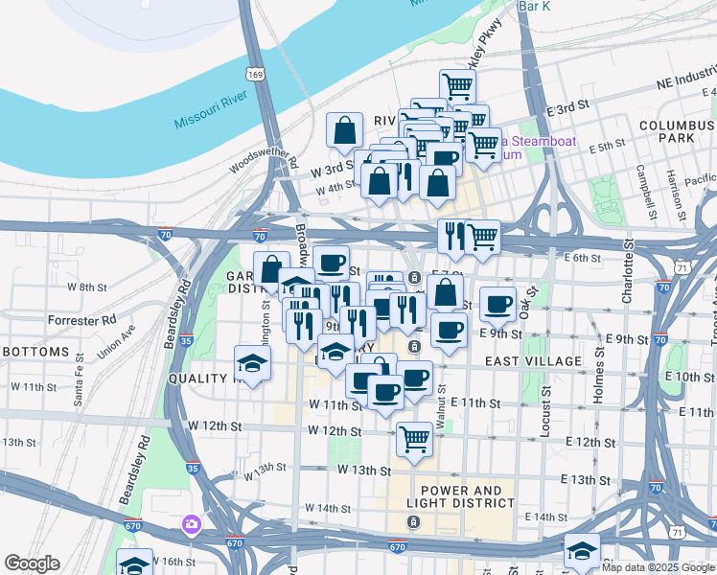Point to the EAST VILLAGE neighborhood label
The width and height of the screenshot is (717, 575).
coord(533,361)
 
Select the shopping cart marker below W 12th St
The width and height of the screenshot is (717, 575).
coord(414,439)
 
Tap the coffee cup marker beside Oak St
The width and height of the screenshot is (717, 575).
coord(497,304)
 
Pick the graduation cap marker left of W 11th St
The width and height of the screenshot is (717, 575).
coord(253,363)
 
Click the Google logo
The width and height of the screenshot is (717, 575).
coord(32,563)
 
